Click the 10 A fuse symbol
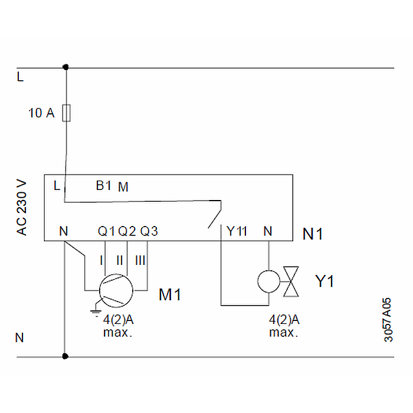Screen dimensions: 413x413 (x=66, y=113)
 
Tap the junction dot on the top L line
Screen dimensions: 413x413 (x=65, y=67)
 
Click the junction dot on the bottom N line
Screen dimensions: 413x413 (x=65, y=356)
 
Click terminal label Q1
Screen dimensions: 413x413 (x=106, y=231)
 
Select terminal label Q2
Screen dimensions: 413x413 (x=127, y=231)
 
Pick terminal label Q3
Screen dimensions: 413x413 (x=149, y=231)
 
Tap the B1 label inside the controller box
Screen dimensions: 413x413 (x=104, y=186)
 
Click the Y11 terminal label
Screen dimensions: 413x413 (x=237, y=231)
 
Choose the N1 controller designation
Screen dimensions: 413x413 (x=313, y=234)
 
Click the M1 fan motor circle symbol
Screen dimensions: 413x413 (x=116, y=289)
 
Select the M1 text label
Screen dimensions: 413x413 (x=170, y=294)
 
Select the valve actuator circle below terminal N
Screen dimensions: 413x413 (x=268, y=281)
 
